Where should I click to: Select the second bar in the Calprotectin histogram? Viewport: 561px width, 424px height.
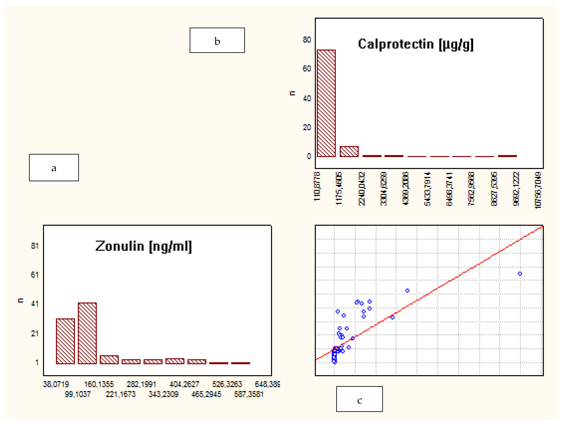349,152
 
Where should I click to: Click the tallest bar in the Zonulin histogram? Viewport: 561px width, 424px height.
87,333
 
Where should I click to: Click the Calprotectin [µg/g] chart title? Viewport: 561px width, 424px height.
415,44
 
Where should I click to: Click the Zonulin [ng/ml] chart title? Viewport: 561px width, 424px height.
144,246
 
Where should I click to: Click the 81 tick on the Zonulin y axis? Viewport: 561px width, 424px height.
35,246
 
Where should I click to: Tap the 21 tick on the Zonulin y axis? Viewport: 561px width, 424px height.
35,334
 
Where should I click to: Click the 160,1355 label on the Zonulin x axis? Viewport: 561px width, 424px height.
99,384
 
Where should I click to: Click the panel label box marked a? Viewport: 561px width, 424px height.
54,168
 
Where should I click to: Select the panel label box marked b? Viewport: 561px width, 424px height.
217,40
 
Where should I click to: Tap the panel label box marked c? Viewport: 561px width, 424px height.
359,399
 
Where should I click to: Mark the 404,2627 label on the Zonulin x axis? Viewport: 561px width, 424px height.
184,384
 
